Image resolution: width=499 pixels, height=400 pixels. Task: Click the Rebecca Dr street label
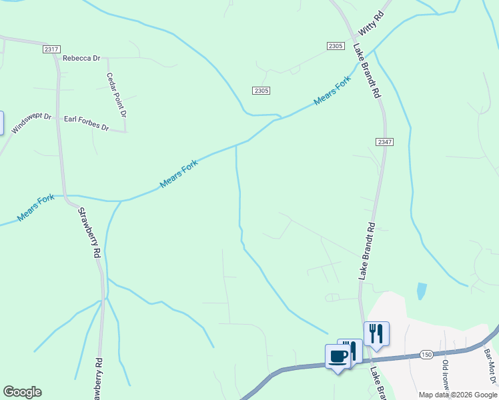tap(81, 58)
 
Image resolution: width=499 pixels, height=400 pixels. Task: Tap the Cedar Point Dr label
tap(115, 95)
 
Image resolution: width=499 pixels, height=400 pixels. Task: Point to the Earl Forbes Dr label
tap(86, 123)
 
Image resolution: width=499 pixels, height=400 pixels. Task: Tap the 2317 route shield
tap(51, 49)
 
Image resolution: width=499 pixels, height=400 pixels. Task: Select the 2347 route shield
tap(384, 142)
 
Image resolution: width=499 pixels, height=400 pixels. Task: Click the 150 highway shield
tap(427, 355)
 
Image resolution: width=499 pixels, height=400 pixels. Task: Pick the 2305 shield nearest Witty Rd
tap(336, 45)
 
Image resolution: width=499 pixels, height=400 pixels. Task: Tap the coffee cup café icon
tap(338, 356)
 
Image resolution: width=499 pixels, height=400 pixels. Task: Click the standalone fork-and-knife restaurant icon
tap(376, 333)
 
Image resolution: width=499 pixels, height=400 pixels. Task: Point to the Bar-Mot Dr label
tap(490, 367)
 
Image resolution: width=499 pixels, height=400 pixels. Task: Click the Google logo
tap(22, 392)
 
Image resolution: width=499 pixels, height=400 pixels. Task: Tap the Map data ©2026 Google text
tap(458, 395)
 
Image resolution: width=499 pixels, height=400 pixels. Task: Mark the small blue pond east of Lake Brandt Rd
tap(421, 291)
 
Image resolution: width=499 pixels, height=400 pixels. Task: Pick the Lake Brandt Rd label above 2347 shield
tap(367, 71)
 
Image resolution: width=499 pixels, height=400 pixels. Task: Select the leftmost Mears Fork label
tap(36, 208)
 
